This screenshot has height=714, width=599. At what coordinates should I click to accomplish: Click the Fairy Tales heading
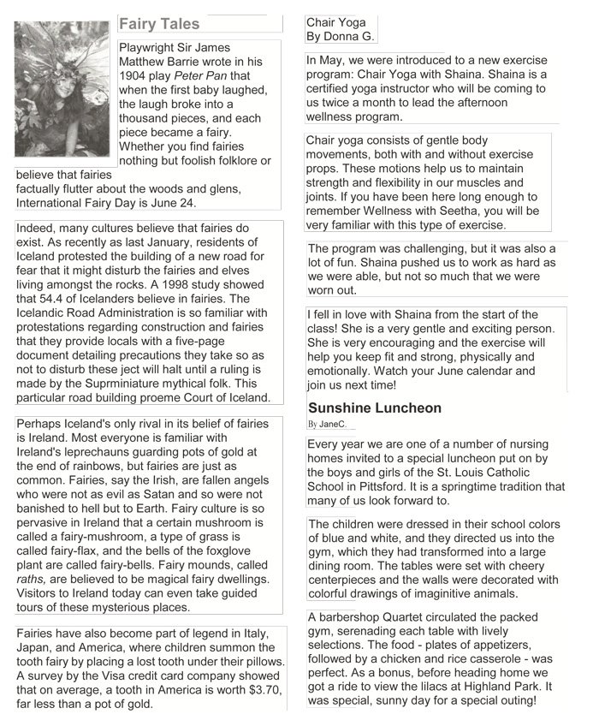pos(159,24)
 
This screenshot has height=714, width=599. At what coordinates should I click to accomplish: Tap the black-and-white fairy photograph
pos(62,88)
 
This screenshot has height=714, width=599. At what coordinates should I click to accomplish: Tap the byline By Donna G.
pos(340,37)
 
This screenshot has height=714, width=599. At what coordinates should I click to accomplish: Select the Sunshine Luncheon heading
pos(375,408)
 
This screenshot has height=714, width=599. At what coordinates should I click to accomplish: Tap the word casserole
pos(494,658)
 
